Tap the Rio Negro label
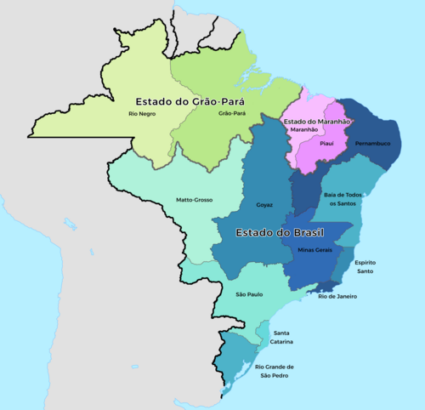click(x=142, y=113)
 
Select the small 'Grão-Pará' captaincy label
click(x=231, y=113)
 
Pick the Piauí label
click(x=330, y=145)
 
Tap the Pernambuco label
click(x=371, y=144)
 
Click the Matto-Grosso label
click(x=194, y=200)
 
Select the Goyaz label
click(x=263, y=205)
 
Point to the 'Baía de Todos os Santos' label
click(x=344, y=198)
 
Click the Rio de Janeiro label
click(x=337, y=296)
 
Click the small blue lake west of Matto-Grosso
click(x=88, y=252)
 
